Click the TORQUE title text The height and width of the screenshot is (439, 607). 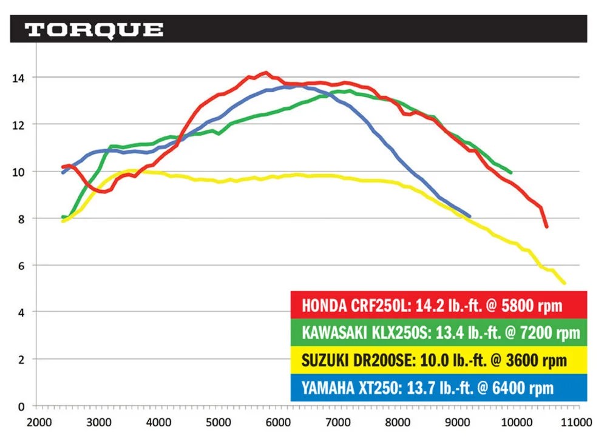coord(94,30)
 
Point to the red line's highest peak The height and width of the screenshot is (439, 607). coord(265,73)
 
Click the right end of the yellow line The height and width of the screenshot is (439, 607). coord(565,283)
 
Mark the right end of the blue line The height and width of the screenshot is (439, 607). coord(469,215)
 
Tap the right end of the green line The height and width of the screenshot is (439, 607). coord(511,172)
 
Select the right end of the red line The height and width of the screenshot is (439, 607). coord(547,227)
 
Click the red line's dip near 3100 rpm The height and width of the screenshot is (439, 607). coord(104,192)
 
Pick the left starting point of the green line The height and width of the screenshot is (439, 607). coord(63,216)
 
